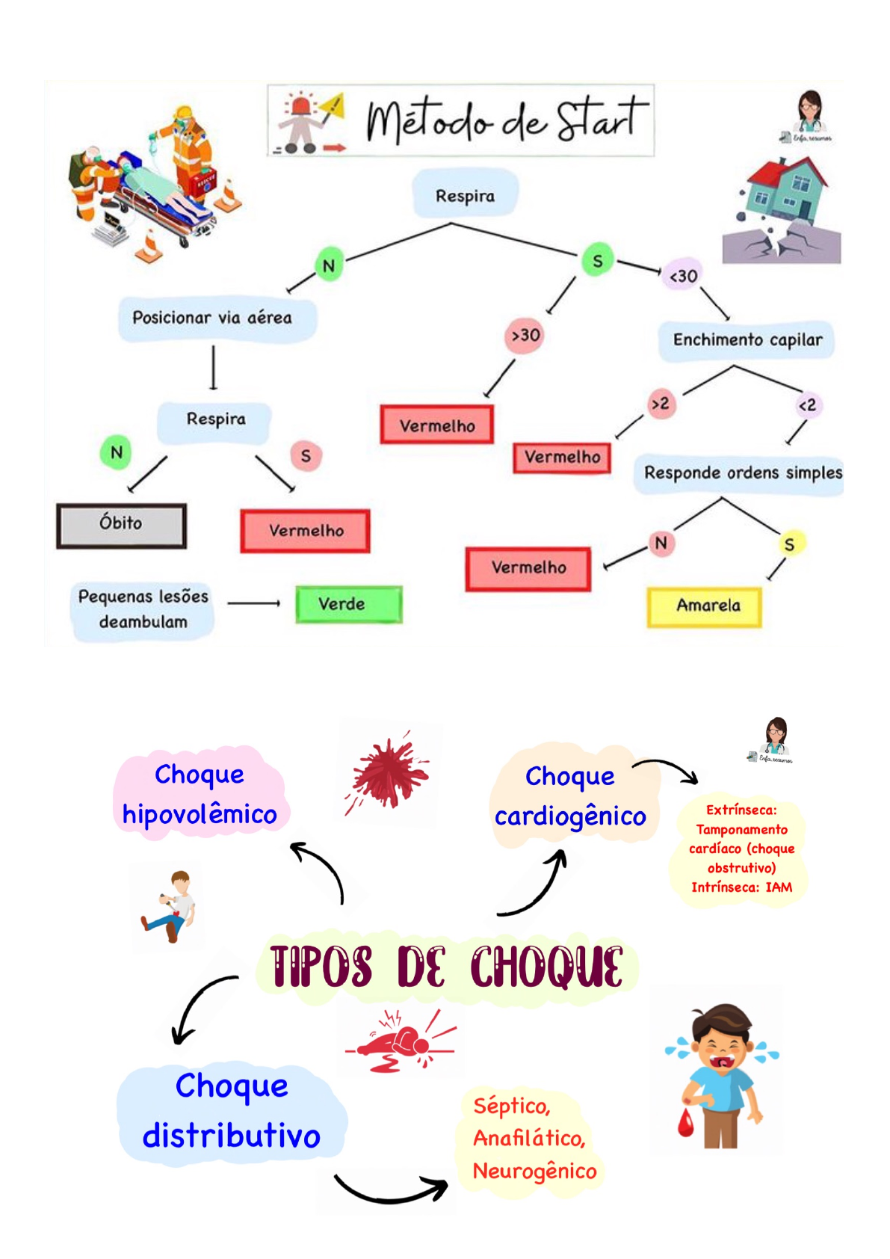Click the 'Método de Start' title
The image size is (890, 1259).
click(x=506, y=120)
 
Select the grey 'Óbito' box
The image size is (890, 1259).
click(x=121, y=525)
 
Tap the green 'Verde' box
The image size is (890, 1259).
click(x=348, y=604)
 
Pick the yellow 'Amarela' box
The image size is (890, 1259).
click(x=704, y=606)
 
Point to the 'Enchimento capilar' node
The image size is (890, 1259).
click(x=746, y=340)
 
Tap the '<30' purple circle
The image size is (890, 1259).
click(x=682, y=277)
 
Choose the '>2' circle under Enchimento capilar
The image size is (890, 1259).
click(x=661, y=404)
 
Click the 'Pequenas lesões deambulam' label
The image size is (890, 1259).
click(x=143, y=609)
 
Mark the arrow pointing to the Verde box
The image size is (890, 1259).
click(x=253, y=603)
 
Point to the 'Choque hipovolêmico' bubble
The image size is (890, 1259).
click(x=200, y=794)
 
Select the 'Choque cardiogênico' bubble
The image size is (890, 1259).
click(x=571, y=796)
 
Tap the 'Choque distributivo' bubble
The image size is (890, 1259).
click(x=232, y=1111)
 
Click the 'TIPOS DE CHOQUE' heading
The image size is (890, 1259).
click(x=446, y=966)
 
